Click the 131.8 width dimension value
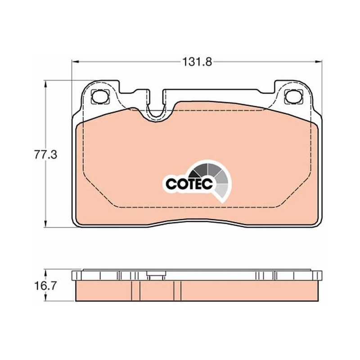[197, 62]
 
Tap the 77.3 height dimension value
[46, 154]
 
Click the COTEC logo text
[189, 184]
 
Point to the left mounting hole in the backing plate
[100, 97]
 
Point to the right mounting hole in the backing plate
[294, 97]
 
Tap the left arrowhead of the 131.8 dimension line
[76, 62]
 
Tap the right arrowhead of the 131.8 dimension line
[319, 62]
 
